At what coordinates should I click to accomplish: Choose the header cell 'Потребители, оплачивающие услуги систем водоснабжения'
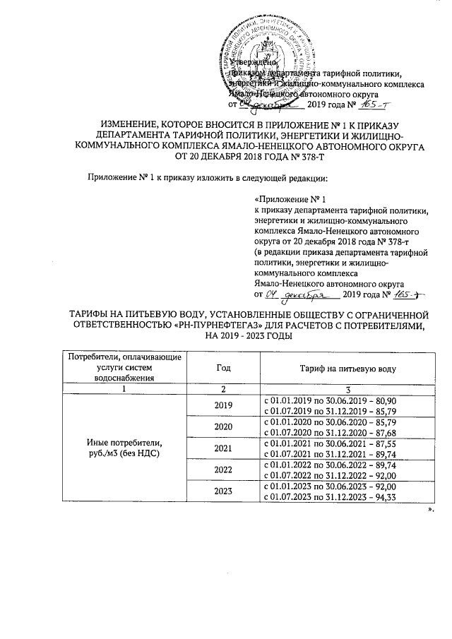(124, 368)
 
